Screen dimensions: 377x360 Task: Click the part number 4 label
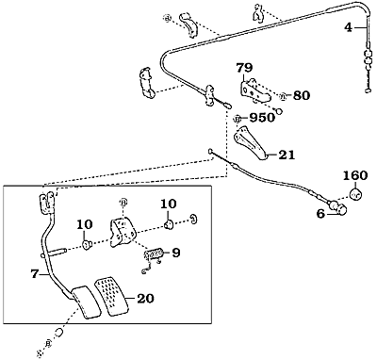click(x=349, y=27)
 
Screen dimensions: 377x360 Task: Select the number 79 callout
click(x=244, y=68)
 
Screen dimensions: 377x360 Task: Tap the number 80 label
click(x=302, y=95)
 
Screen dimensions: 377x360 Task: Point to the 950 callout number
click(x=262, y=118)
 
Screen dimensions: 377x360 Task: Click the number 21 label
click(x=287, y=155)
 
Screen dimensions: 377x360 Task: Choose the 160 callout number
click(x=355, y=175)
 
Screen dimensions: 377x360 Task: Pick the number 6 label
click(x=320, y=214)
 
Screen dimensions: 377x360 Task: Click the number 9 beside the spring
click(x=176, y=253)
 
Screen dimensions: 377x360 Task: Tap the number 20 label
click(x=145, y=298)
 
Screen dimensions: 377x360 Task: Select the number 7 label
click(x=35, y=274)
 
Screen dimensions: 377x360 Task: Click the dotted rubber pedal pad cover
click(x=112, y=295)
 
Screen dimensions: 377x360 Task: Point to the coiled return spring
click(x=153, y=254)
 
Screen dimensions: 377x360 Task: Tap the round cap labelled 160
click(x=356, y=194)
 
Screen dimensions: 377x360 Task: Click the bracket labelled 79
click(x=255, y=90)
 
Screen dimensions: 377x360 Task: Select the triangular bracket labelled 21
click(x=251, y=142)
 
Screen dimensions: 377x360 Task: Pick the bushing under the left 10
click(x=86, y=244)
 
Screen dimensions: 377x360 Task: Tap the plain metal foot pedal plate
click(x=85, y=303)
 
